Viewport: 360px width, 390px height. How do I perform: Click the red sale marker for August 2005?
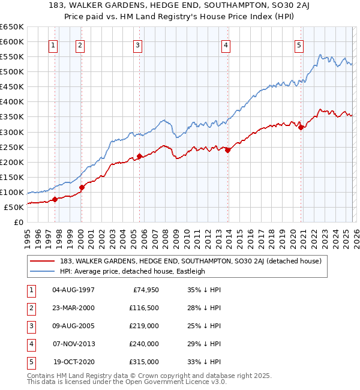click(x=139, y=156)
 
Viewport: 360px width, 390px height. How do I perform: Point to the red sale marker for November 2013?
click(x=228, y=150)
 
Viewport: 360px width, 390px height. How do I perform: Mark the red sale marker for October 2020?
click(x=301, y=127)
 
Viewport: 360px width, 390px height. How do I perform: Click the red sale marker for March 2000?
click(x=82, y=187)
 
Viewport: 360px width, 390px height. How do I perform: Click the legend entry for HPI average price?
click(x=132, y=271)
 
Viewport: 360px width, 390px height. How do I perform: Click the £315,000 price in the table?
click(x=144, y=362)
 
